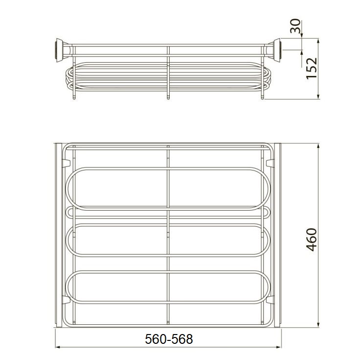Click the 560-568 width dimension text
pyautogui.click(x=169, y=339)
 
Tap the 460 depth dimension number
pyautogui.click(x=312, y=240)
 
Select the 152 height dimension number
pyautogui.click(x=312, y=68)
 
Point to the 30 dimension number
pyautogui.click(x=295, y=26)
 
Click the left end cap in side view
pyautogui.click(x=59, y=50)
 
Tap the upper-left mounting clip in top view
pyautogui.click(x=66, y=163)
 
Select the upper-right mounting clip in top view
pyautogui.click(x=270, y=163)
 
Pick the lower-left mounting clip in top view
pyautogui.click(x=66, y=300)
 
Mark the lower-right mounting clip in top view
pyautogui.click(x=270, y=300)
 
